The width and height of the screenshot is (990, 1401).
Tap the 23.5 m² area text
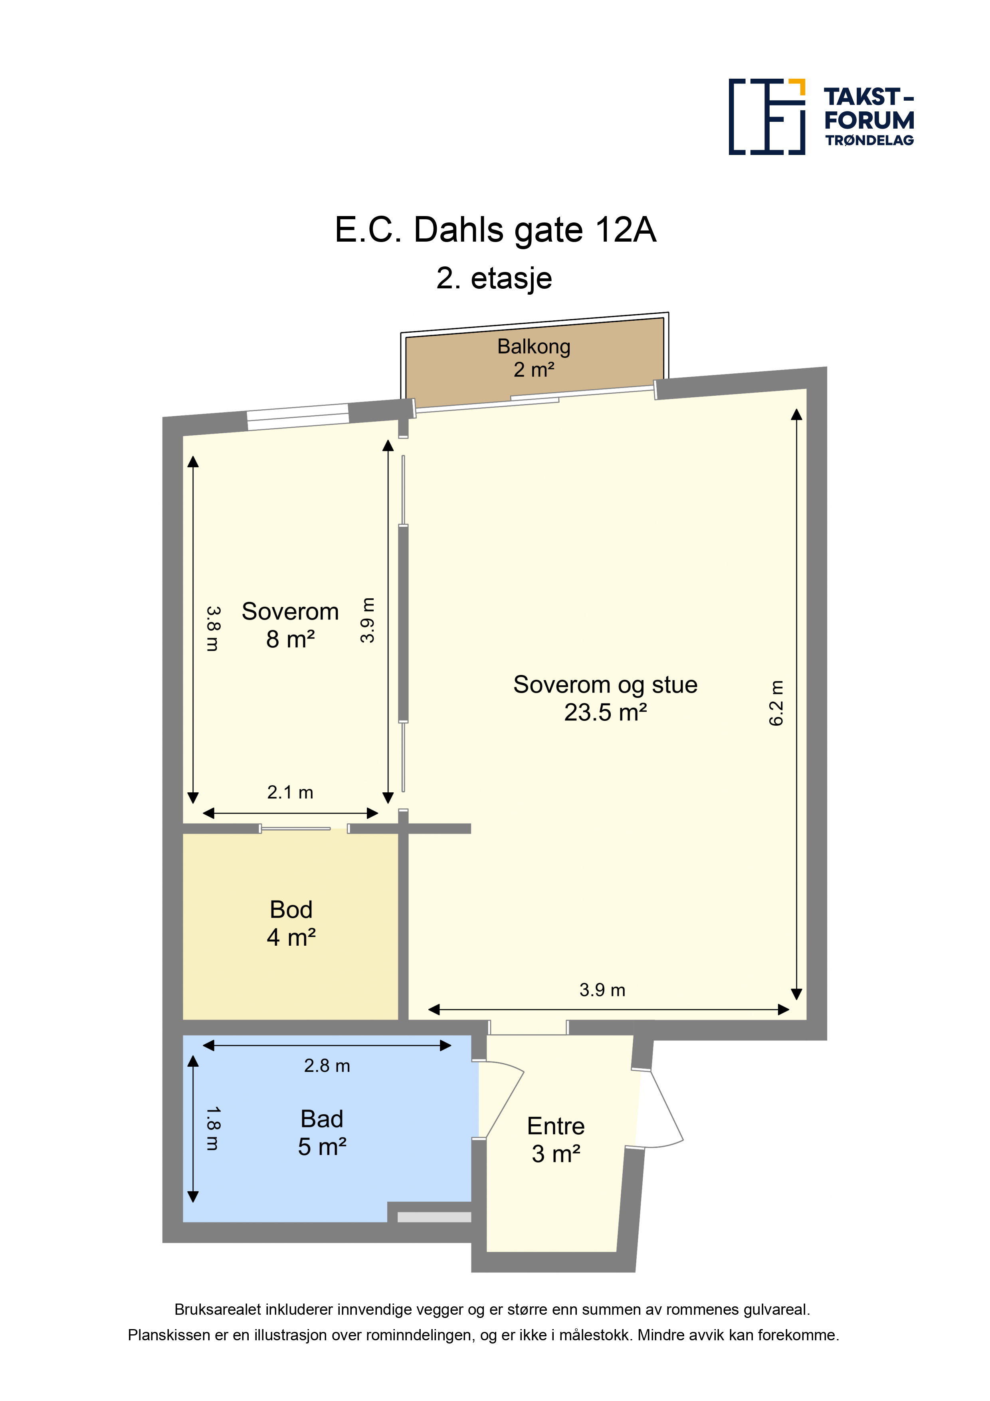point(605,712)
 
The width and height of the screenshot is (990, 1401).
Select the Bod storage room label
point(291,909)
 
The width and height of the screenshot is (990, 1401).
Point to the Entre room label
point(556,1126)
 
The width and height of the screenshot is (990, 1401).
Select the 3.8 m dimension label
point(212,629)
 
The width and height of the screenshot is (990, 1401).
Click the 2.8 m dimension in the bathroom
point(327,1066)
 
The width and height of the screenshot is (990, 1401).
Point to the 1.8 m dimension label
point(212,1129)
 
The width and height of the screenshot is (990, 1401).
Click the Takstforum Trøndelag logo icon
point(767,117)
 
